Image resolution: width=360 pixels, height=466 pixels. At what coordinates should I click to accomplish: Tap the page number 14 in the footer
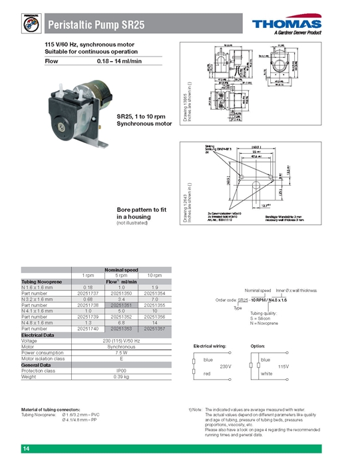(26, 449)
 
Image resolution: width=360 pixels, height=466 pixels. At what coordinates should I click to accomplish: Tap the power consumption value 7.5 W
(120, 352)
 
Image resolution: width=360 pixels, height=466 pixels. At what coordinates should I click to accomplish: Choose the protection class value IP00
(120, 370)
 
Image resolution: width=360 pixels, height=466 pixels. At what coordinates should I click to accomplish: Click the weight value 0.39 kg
(120, 376)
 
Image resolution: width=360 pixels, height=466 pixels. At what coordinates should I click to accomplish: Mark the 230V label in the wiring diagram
(225, 366)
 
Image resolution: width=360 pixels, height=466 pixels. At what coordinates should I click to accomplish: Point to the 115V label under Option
(283, 366)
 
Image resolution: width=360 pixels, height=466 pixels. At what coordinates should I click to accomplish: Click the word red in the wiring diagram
(208, 375)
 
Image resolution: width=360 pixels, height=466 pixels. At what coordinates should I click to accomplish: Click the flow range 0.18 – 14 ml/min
(119, 61)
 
